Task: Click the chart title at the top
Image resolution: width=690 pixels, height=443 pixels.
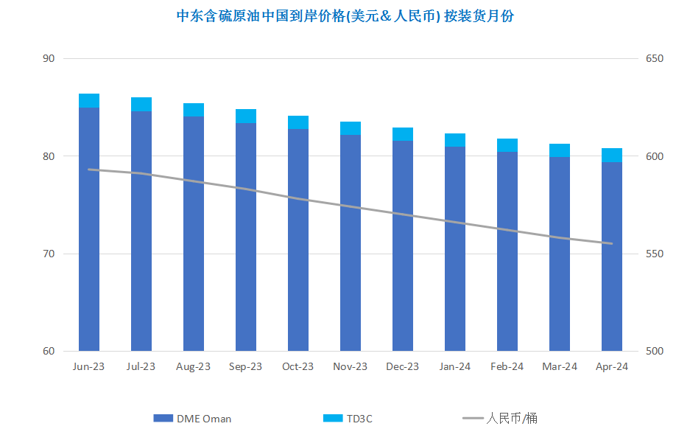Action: pos(345,16)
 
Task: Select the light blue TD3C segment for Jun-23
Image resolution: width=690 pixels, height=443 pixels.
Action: pos(89,101)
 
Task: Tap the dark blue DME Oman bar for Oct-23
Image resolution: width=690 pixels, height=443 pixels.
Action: pos(298,240)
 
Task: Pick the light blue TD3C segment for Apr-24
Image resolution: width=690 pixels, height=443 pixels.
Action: pos(612,156)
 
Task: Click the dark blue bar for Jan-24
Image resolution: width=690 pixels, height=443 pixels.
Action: pos(455,249)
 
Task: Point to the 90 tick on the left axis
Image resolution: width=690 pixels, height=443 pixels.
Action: pos(49,58)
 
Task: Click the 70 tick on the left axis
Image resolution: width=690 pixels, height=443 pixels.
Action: pos(49,254)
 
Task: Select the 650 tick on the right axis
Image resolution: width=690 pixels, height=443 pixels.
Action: pos(655,58)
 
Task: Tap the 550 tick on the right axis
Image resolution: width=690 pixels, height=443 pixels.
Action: pos(655,254)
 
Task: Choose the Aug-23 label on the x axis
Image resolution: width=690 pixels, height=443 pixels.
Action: pos(193,366)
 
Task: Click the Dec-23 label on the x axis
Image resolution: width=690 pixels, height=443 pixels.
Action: pos(402,366)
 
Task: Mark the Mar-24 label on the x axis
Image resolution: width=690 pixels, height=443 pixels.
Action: pos(560,366)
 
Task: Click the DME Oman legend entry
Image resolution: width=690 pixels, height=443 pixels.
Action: pos(192,419)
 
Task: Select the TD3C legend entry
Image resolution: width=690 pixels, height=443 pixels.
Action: pos(348,419)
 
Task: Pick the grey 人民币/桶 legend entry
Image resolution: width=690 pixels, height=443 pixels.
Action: pos(500,419)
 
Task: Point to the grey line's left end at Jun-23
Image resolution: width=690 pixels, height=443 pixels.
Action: pos(89,170)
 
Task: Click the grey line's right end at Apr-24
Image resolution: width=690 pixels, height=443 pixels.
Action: pos(612,243)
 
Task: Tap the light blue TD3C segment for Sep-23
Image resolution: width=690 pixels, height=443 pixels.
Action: pos(246,116)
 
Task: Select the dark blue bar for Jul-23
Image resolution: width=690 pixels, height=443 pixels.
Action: pos(141,231)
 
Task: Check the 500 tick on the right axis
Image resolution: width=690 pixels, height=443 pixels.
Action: pos(655,351)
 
